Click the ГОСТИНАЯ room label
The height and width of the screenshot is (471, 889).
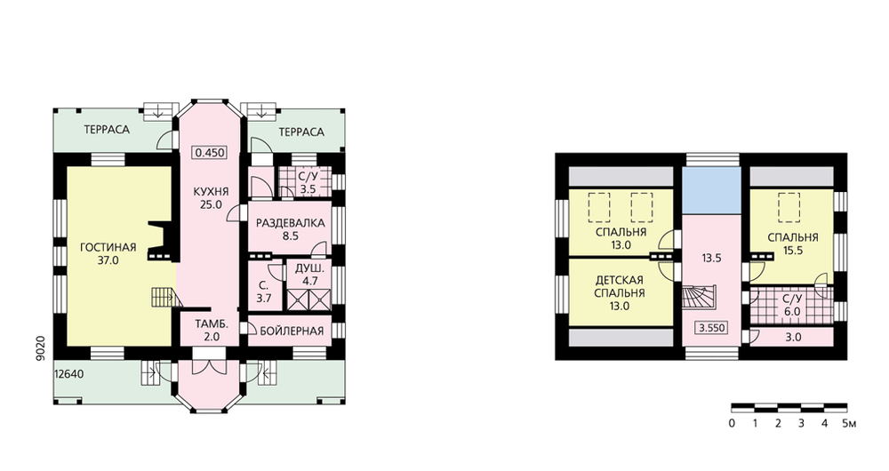pos(108,248)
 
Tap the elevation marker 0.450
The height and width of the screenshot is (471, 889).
pos(211,153)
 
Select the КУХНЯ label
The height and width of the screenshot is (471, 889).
pos(211,192)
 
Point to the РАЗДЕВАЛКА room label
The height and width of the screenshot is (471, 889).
pos(291,223)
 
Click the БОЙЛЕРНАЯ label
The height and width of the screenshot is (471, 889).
pos(292,331)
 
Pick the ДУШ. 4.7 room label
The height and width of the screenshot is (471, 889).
pos(310,274)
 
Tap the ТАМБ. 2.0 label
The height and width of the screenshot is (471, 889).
pos(212,331)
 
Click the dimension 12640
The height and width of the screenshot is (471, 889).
pos(69,374)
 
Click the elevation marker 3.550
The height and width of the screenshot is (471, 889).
pos(711,328)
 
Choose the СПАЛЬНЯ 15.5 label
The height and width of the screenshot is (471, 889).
pos(793,243)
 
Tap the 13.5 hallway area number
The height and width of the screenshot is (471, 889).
pos(711,259)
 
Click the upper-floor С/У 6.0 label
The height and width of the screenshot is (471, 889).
pos(791,305)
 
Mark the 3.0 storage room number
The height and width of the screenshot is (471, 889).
pos(793,337)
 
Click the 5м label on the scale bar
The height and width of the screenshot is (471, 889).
pos(849,423)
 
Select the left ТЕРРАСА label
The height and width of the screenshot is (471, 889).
pos(107,130)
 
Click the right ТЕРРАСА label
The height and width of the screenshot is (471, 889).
pos(301,132)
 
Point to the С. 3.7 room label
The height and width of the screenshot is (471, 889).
pos(264,291)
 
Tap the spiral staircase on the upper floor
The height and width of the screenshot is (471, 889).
pos(699,297)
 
